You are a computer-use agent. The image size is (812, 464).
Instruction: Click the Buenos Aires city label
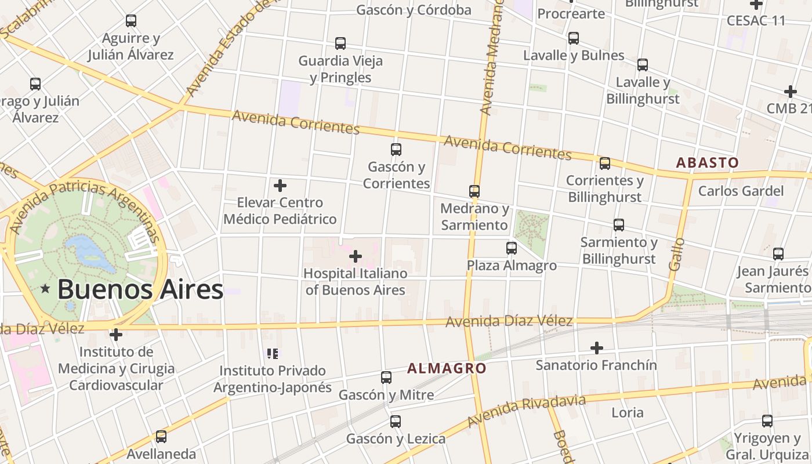click(140, 289)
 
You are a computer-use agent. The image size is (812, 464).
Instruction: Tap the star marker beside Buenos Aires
click(45, 288)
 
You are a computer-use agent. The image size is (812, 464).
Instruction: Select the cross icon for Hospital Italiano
click(356, 256)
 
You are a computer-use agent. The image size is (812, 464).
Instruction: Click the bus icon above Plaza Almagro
click(512, 248)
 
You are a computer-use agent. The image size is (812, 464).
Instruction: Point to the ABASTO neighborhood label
click(707, 163)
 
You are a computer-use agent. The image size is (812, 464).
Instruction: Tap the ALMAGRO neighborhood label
click(447, 368)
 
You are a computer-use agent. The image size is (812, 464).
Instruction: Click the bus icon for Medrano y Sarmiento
click(474, 191)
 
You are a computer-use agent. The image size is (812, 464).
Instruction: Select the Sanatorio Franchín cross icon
click(596, 348)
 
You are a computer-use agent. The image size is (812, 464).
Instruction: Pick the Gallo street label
click(676, 254)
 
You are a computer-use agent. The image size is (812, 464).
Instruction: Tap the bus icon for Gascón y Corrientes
click(396, 150)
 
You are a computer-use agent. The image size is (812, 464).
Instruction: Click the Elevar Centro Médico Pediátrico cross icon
click(280, 186)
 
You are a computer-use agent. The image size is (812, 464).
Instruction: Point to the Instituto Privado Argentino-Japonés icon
click(273, 353)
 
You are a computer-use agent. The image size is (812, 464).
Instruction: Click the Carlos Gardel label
click(741, 191)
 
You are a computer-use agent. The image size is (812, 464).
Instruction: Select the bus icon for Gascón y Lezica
click(396, 422)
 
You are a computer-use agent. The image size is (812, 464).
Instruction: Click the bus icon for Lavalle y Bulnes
click(574, 38)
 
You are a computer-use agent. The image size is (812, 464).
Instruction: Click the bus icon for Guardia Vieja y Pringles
click(340, 43)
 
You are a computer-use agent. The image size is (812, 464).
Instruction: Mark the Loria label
click(628, 412)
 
